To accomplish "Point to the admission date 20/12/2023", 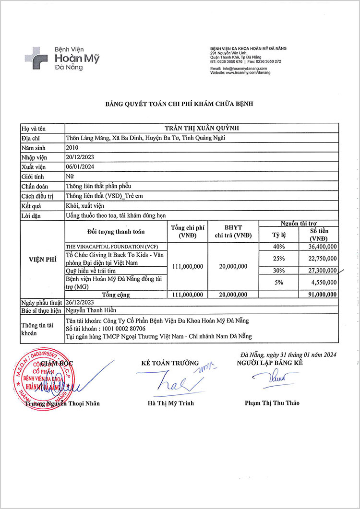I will coord(80,157).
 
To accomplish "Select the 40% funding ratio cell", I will coord(278,246).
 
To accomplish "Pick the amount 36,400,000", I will coord(321,246).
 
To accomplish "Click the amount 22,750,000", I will coord(321,258).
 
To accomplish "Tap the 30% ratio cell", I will coord(278,271).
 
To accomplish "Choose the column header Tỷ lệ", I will coord(278,235).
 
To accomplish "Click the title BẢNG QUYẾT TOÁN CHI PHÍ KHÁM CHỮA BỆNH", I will coord(179,103).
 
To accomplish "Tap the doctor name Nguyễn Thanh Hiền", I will coord(91,310).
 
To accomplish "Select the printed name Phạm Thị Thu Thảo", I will coord(272,403).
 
